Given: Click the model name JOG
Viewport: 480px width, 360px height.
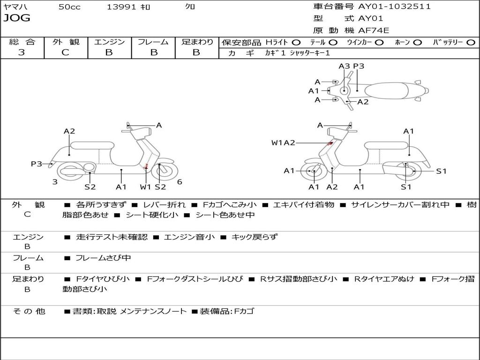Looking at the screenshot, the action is point(16,18).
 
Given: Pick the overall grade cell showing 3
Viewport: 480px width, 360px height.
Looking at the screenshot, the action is point(22,52).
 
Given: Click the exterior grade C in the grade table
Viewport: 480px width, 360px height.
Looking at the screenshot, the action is point(65,52).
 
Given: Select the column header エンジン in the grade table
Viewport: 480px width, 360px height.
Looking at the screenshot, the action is point(109,42).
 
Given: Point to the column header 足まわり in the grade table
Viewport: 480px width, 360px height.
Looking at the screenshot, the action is point(197,42).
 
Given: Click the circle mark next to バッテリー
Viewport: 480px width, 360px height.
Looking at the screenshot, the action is point(471,42).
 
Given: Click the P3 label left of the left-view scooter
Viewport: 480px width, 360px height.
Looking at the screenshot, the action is point(37,164).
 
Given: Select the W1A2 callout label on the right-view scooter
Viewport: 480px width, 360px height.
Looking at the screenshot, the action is point(283,143).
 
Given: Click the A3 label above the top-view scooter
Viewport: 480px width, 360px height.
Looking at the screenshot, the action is point(344,66).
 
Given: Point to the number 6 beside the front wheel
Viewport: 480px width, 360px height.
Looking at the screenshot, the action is point(180,182).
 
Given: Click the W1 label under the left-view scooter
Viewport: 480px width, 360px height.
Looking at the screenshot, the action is point(146,187).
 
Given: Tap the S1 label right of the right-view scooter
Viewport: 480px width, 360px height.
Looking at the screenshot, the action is point(441,171).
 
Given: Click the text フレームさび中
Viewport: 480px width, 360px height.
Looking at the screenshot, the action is point(103,258).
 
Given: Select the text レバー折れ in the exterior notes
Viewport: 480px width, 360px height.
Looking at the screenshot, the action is point(164,205).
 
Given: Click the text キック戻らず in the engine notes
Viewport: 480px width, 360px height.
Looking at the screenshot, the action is point(255,237).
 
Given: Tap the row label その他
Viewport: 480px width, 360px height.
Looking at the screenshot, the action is point(29,311).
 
